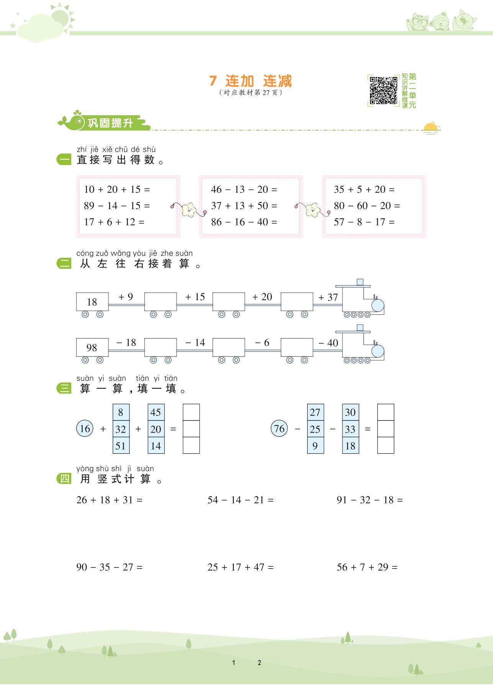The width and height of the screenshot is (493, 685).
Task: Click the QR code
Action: click(383, 90)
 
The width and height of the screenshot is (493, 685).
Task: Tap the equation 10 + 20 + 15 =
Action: click(117, 190)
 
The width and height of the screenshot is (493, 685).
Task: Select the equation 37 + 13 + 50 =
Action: click(244, 206)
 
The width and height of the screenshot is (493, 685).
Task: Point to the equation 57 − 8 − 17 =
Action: click(364, 222)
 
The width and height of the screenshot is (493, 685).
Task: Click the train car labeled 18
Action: click(92, 302)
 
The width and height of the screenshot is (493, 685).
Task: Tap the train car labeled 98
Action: click(92, 347)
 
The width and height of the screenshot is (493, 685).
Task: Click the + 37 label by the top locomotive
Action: click(328, 297)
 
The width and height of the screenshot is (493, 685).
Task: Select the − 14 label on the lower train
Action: click(195, 343)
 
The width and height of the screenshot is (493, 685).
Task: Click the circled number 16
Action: click(85, 428)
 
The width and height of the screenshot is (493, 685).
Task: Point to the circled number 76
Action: click(279, 428)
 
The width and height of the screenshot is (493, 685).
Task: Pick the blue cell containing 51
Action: click(121, 446)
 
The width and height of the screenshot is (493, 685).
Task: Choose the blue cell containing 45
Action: click(156, 412)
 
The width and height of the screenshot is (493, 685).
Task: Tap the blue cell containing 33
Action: click(351, 429)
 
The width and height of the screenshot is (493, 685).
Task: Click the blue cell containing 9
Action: click(315, 446)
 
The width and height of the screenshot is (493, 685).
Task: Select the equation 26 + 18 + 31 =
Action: click(109, 500)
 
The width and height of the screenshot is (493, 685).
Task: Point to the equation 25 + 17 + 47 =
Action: click(241, 567)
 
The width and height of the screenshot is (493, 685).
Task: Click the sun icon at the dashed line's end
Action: click(431, 128)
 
